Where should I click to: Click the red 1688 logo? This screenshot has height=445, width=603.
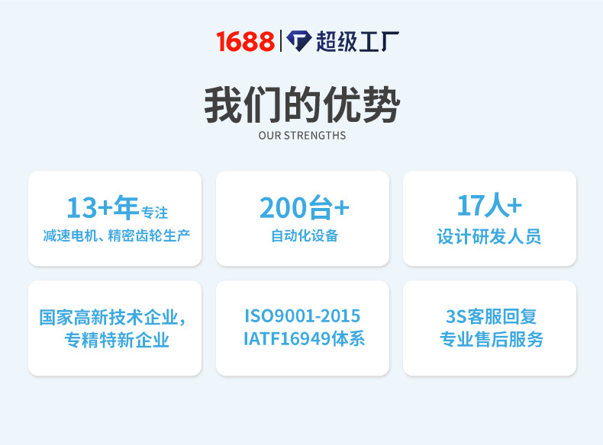[x=245, y=41]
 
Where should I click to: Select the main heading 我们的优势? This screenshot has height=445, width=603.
[x=301, y=105]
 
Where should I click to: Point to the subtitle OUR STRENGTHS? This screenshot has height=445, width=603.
[x=301, y=136]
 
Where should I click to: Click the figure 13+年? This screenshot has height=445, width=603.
[x=102, y=207]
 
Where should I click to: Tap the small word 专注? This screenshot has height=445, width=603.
[x=155, y=212]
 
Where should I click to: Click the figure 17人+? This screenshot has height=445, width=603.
[x=489, y=206]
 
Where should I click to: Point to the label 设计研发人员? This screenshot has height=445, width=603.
[x=489, y=236]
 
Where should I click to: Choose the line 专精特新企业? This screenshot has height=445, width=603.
[x=116, y=340]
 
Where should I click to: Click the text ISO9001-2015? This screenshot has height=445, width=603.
[x=302, y=316]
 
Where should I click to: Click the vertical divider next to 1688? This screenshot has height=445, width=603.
[x=280, y=41]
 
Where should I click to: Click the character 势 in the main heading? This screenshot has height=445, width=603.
[x=380, y=105]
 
